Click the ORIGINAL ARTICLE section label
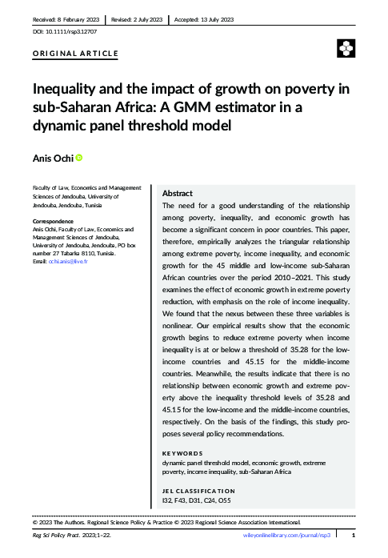[x=75, y=54]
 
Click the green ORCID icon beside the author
[x=79, y=158]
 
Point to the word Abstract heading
[x=177, y=194]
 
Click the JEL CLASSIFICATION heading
[x=198, y=491]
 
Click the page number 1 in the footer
[x=353, y=535]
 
